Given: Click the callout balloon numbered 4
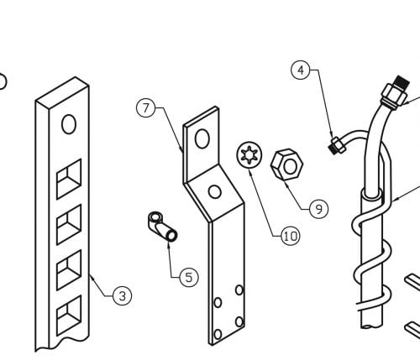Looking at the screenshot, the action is pyautogui.click(x=301, y=70).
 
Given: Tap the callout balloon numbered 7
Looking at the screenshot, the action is pyautogui.click(x=145, y=108).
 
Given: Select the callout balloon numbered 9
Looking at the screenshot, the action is pyautogui.click(x=319, y=209).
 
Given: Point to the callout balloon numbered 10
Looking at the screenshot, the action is pyautogui.click(x=291, y=237).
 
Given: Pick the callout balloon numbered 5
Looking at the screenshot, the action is pyautogui.click(x=189, y=277).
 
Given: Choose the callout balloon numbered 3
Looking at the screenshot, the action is pyautogui.click(x=123, y=295).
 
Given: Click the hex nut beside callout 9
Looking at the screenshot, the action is pyautogui.click(x=287, y=164).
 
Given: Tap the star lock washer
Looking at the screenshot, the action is pyautogui.click(x=249, y=155).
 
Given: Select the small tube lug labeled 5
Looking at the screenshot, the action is pyautogui.click(x=163, y=227).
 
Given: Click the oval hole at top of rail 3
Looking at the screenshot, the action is pyautogui.click(x=69, y=124).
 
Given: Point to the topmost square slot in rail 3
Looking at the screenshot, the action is pyautogui.click(x=69, y=179).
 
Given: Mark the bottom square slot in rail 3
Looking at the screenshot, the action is pyautogui.click(x=69, y=316).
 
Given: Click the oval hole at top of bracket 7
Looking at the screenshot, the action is pyautogui.click(x=202, y=138).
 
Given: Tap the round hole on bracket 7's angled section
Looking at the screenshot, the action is pyautogui.click(x=215, y=192).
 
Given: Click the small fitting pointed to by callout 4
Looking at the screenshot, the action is pyautogui.click(x=337, y=145).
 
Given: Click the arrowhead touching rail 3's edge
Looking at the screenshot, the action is pyautogui.click(x=92, y=278).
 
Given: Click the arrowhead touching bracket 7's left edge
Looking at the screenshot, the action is pyautogui.click(x=181, y=149).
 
